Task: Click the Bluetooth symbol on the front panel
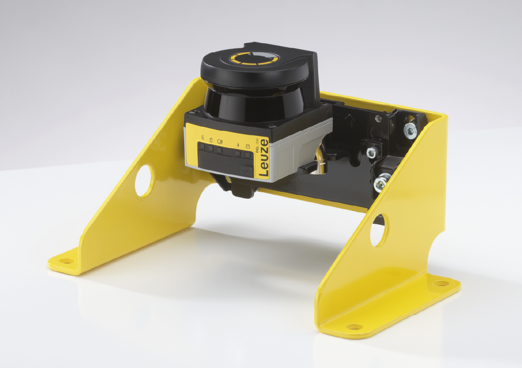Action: [238, 145]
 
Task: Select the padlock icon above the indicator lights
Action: [211, 140]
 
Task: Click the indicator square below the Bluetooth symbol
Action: [238, 153]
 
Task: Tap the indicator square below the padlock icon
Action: [211, 148]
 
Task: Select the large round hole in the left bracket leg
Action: [145, 181]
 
